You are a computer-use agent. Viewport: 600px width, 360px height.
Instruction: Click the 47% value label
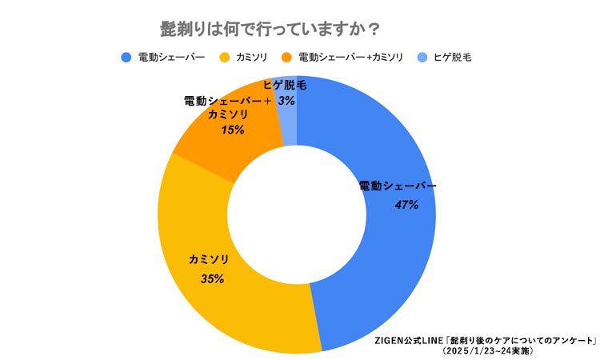click(x=406, y=205)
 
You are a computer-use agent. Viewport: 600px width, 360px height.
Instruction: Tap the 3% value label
click(x=286, y=101)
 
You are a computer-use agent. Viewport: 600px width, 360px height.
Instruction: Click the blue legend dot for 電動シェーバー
click(x=126, y=57)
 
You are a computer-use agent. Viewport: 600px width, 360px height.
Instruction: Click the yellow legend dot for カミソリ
click(x=224, y=57)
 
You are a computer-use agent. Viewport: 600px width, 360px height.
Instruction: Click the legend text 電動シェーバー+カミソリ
click(x=350, y=57)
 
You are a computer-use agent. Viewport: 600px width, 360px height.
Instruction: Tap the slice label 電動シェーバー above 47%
click(x=397, y=186)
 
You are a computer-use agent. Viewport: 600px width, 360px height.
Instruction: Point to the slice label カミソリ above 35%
click(x=209, y=260)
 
